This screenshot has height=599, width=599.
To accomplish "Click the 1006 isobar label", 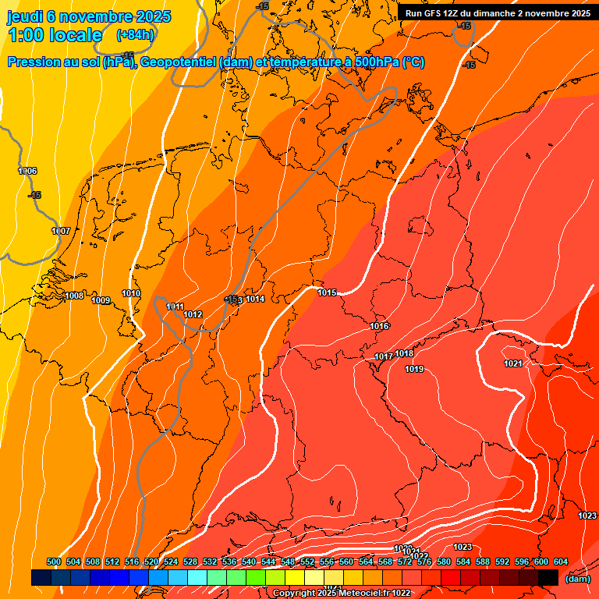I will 27,171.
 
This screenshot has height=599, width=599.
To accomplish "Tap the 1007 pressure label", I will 61,231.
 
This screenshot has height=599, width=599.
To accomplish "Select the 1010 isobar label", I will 131,293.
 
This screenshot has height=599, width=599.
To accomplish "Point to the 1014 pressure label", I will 255,299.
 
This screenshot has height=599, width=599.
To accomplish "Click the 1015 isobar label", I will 327,292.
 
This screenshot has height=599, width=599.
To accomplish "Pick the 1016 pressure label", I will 379,326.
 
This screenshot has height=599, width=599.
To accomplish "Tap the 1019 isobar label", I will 414,369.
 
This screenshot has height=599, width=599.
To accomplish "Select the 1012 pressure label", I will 193,314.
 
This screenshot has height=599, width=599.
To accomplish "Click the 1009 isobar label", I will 101,300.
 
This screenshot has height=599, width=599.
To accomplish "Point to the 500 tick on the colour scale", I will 54,562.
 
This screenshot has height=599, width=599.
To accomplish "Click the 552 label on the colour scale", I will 307,562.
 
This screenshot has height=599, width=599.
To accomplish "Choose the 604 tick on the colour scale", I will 561,562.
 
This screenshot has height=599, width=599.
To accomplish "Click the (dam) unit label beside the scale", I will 577,579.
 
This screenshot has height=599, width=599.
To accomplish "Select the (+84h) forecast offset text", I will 134,35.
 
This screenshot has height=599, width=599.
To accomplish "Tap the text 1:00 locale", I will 55,35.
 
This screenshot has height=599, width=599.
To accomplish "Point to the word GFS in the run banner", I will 438,13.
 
